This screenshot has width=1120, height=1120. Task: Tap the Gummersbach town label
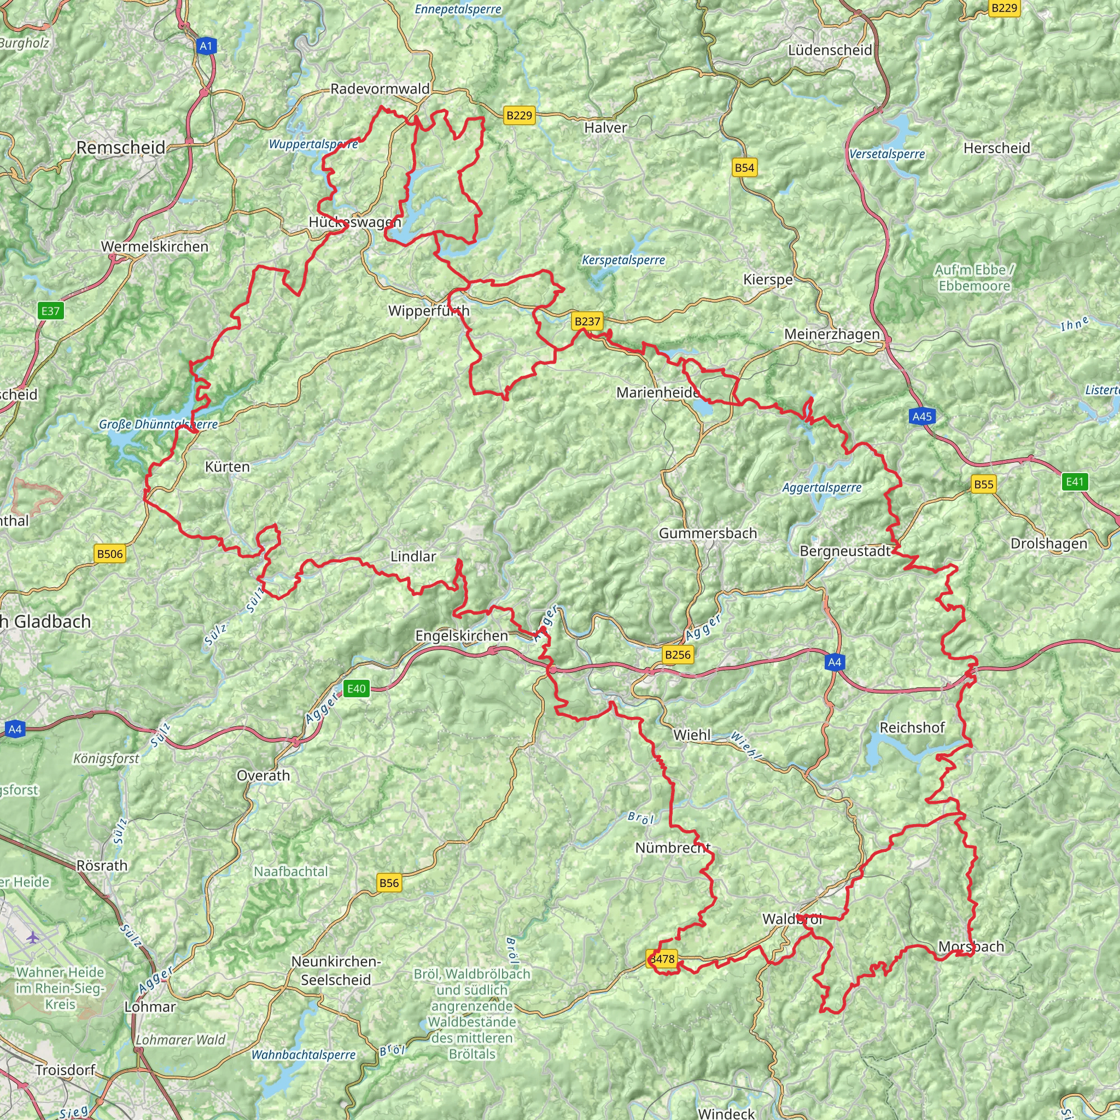tap(708, 533)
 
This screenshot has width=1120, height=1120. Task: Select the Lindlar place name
tap(413, 557)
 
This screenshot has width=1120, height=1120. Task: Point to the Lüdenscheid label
tap(830, 50)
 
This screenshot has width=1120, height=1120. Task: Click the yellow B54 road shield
tap(744, 168)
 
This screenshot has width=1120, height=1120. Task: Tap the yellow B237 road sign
tap(587, 321)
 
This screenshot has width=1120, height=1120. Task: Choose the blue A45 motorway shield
tap(921, 416)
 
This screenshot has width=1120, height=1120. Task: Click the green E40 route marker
tap(356, 689)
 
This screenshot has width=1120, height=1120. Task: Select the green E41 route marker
tap(1074, 482)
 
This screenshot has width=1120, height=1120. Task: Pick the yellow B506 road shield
tap(109, 553)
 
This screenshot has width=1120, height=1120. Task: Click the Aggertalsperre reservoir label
tap(821, 488)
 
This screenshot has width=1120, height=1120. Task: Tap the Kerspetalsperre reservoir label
tap(623, 260)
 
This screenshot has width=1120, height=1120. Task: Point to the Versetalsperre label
tap(887, 154)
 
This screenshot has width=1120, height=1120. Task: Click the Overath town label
tap(263, 775)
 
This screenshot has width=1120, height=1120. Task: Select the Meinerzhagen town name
tap(832, 335)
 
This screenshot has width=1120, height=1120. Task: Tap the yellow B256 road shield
tap(677, 655)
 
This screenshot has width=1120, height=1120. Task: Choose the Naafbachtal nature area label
tap(291, 871)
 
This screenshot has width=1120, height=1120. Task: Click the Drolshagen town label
tap(1049, 544)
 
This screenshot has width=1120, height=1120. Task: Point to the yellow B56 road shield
tap(388, 883)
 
